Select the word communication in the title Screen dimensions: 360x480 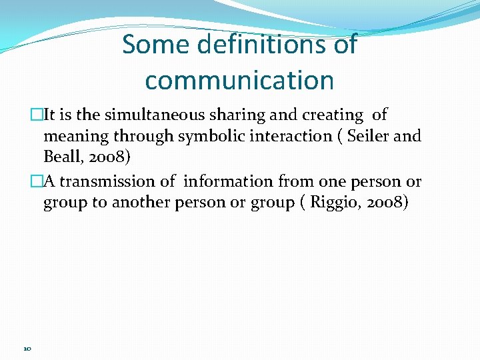pos(239,81)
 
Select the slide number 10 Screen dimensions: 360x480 pos(27,349)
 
